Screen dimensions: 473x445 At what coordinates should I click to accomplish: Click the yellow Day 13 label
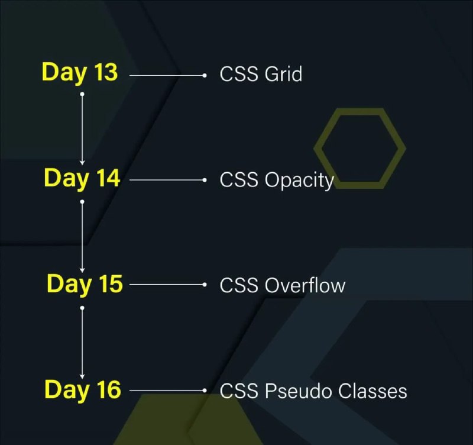point(80,73)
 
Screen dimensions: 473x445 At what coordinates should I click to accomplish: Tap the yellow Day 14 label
point(82,179)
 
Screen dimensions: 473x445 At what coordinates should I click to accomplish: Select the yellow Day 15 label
point(85,285)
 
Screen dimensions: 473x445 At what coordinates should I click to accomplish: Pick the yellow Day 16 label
point(83,390)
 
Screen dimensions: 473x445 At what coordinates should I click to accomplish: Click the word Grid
point(283,73)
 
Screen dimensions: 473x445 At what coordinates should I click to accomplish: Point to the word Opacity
point(299,181)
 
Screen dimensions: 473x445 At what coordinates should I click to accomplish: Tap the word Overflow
point(305,285)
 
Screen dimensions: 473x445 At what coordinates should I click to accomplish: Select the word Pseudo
point(299,391)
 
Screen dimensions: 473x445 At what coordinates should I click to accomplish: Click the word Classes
point(372,391)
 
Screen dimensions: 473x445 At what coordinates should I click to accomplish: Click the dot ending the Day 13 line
point(205,75)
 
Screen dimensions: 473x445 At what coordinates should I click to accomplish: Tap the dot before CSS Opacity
point(205,180)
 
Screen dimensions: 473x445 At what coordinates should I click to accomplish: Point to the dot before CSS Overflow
point(205,285)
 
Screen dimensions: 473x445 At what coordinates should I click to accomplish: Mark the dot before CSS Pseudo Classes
point(205,391)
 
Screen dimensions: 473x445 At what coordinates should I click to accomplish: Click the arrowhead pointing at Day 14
point(82,163)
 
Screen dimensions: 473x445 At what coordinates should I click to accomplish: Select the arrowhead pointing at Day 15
point(82,270)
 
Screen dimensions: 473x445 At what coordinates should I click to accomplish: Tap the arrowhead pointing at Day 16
point(82,376)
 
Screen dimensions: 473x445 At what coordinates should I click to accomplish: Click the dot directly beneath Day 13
point(82,94)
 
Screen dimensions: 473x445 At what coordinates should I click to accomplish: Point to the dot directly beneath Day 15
point(82,308)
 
